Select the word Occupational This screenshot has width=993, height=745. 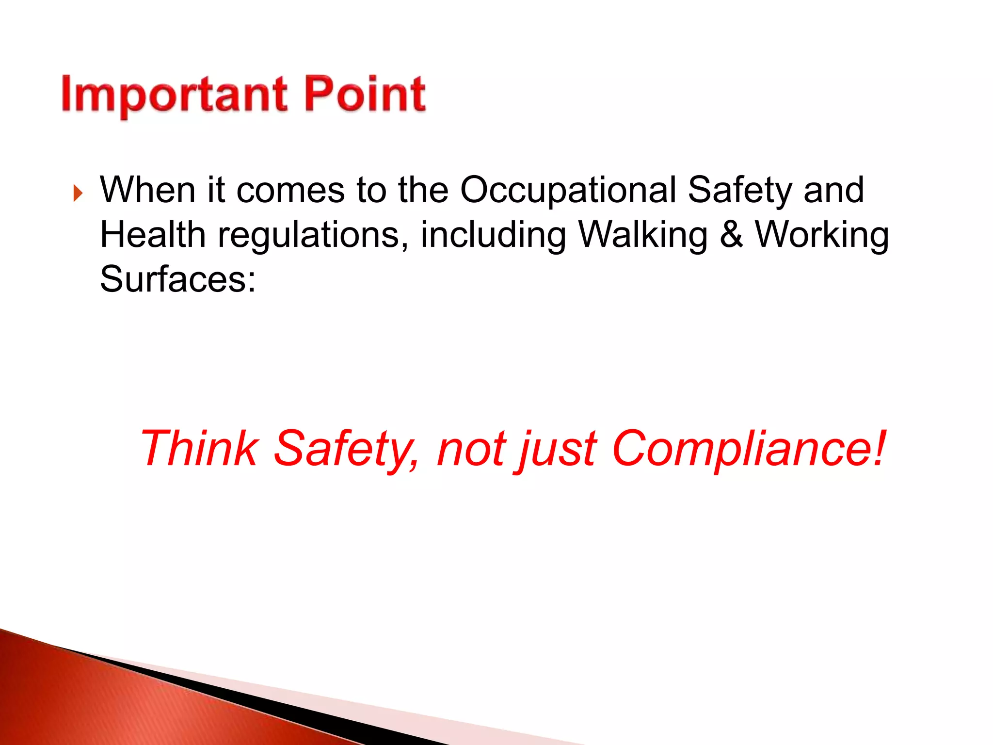point(568,190)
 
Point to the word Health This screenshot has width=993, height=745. point(153,235)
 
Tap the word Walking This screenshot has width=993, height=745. point(643,236)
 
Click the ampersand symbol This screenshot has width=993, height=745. point(731,235)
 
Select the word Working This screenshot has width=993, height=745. point(822,236)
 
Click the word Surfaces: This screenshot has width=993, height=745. point(177,279)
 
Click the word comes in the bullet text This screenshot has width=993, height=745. point(290,190)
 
